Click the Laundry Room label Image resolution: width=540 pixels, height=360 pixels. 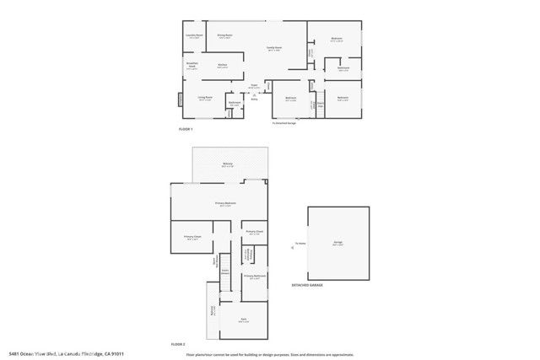194,36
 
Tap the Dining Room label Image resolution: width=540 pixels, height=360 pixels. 224,35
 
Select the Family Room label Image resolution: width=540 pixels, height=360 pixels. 274,49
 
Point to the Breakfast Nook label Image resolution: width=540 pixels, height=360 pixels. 192,67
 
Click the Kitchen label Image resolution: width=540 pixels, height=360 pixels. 223,65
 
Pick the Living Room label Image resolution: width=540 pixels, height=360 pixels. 205,99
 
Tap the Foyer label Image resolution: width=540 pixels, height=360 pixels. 253,86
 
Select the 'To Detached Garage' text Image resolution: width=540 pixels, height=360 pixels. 284,123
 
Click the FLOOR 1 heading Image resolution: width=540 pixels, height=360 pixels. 186,129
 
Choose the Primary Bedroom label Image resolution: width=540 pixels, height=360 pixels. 224,204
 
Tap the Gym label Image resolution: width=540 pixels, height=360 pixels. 243,320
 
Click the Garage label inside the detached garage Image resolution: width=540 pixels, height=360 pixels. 337,243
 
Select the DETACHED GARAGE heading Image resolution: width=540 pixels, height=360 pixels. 306,285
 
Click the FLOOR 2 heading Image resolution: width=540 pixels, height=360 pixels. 177,344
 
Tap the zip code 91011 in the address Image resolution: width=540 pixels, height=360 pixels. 127,352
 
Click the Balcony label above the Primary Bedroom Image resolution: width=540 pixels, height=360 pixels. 228,163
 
